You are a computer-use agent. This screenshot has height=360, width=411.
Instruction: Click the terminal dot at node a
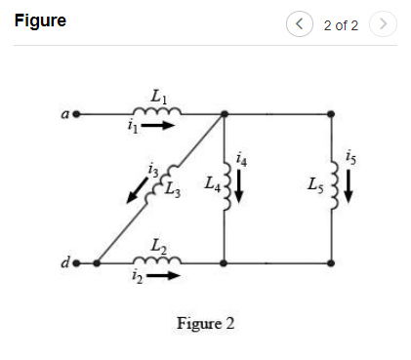point(74,113)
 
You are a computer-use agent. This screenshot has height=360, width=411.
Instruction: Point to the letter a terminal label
point(62,114)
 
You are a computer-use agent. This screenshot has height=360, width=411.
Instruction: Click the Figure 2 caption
point(205,323)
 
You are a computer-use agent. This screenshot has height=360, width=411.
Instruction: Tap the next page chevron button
point(385,22)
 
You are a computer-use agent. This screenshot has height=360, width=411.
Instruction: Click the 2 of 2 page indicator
point(341,23)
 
